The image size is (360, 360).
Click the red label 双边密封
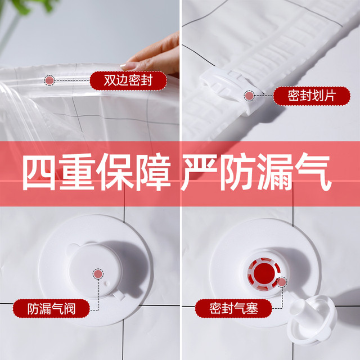click(128, 80)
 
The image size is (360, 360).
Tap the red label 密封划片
click(312, 96)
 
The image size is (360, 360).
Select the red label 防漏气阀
click(51, 309)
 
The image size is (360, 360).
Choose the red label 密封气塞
click(233, 308)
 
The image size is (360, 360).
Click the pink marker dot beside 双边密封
click(49, 80)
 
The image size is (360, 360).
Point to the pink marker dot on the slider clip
click(249, 96)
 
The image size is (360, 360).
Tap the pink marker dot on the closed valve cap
click(98, 274)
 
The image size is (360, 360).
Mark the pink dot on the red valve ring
click(281, 282)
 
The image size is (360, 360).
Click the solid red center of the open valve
click(264, 273)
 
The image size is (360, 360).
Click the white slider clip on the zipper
click(232, 89)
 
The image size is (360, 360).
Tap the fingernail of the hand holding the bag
click(128, 65)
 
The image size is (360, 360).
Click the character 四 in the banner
click(39, 172)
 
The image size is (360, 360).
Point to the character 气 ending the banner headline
click(313, 172)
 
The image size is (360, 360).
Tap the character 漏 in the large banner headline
click(276, 172)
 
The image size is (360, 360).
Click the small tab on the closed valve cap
click(119, 295)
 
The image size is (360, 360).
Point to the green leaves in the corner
click(34, 6)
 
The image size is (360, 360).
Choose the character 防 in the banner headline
click(237, 172)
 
